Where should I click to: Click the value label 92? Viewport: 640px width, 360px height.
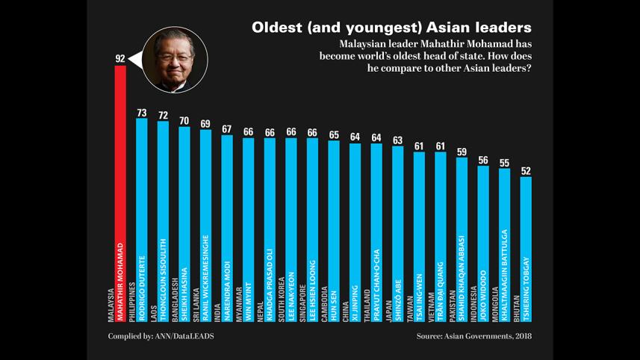(120, 58)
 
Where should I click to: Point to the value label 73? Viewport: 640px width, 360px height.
(142, 113)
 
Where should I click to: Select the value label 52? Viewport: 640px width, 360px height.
(526, 171)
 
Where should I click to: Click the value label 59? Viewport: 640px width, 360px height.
(462, 152)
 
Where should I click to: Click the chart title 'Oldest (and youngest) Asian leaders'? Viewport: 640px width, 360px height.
(391, 28)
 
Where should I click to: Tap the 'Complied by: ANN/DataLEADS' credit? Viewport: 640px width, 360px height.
(161, 336)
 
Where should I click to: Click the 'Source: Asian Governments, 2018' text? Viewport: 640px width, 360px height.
(473, 336)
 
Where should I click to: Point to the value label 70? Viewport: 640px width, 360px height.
(184, 121)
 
